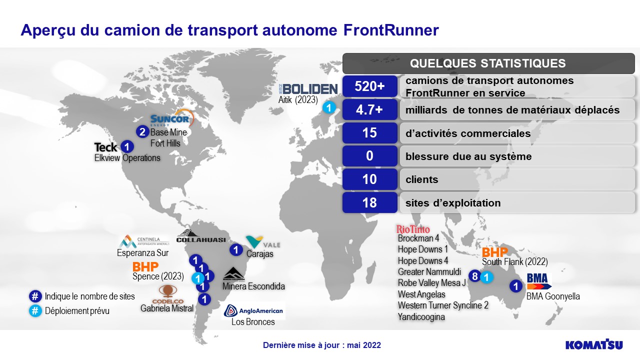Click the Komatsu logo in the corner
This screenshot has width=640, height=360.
coord(594,344)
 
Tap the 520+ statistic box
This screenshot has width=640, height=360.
coord(369,86)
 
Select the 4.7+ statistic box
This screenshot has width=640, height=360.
coord(369,109)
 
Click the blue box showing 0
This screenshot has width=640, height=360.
coord(369,156)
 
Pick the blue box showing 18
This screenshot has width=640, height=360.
coord(369,202)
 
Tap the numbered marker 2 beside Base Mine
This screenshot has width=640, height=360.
coord(142,131)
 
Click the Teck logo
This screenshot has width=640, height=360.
coord(105,147)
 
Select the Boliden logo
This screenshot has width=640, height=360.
coord(308,89)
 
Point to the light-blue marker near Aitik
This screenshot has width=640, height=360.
coord(329,107)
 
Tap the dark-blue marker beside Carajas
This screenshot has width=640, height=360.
coord(236,250)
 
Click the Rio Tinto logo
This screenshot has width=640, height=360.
coord(413,229)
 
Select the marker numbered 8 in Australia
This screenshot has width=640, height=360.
coord(474,276)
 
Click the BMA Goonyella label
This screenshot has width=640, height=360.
coord(553,296)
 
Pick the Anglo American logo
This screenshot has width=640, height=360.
coord(253,310)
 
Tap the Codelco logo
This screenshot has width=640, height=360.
coord(167,294)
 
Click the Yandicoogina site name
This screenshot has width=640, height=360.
coord(421,317)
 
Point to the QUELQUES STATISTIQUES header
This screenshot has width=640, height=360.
coord(488,63)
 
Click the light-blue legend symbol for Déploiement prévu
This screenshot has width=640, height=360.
coord(35,310)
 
